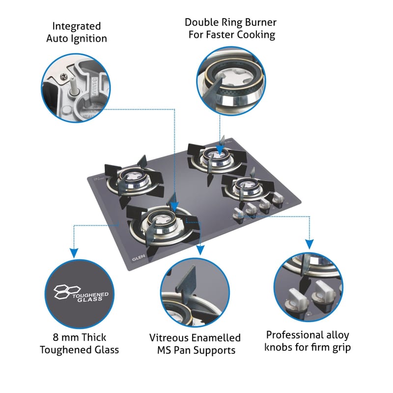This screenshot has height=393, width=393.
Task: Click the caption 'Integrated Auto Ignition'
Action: pos(76,32)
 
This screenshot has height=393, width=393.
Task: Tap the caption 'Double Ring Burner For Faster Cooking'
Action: pos(230,28)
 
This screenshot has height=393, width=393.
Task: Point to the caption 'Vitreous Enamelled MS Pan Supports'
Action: pos(195,344)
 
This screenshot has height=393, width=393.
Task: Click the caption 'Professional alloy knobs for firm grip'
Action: pos(308,341)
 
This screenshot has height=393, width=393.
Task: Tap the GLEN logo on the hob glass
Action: pos(138,257)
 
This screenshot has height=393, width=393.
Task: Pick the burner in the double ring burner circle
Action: pos(227,79)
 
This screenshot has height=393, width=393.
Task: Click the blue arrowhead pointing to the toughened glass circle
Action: pos(73,252)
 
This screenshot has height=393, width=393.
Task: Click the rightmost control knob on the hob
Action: pos(278,198)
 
